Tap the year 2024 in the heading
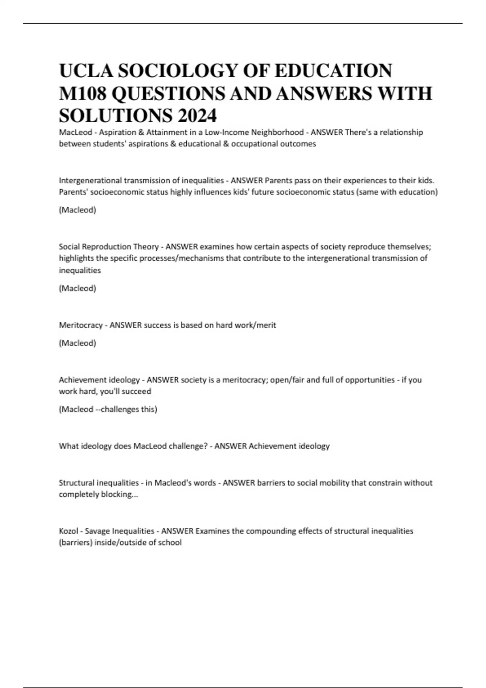click(x=196, y=116)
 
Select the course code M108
click(x=83, y=93)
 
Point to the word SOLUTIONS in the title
click(x=115, y=116)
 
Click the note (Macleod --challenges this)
click(x=108, y=409)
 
